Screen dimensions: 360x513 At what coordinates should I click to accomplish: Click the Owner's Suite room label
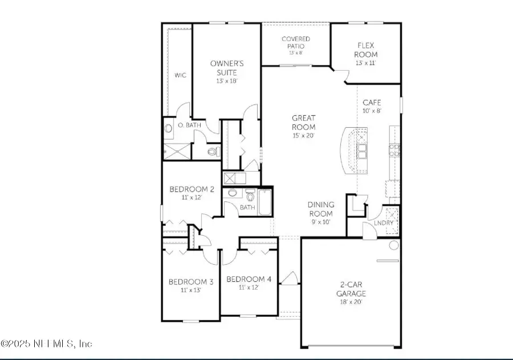(x=226, y=68)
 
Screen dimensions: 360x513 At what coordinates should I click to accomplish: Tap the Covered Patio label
(x=296, y=43)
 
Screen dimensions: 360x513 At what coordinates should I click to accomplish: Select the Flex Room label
(x=365, y=50)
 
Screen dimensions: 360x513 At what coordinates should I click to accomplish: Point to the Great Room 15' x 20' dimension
(x=303, y=136)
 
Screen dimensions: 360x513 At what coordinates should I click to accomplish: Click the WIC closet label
(x=180, y=75)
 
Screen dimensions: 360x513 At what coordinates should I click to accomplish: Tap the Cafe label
(x=372, y=103)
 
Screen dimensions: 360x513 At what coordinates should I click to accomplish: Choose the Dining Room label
(x=321, y=209)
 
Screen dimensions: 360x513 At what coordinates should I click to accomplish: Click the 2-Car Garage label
(x=350, y=290)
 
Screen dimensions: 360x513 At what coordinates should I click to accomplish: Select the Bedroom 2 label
(x=192, y=189)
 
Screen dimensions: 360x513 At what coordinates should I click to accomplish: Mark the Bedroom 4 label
(x=249, y=279)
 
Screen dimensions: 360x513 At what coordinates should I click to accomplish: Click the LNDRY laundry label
(x=376, y=223)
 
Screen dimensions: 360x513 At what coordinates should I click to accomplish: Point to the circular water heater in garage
(x=394, y=246)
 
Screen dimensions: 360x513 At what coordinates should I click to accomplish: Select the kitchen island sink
(x=362, y=151)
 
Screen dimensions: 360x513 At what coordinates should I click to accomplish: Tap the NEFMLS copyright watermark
(x=46, y=343)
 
